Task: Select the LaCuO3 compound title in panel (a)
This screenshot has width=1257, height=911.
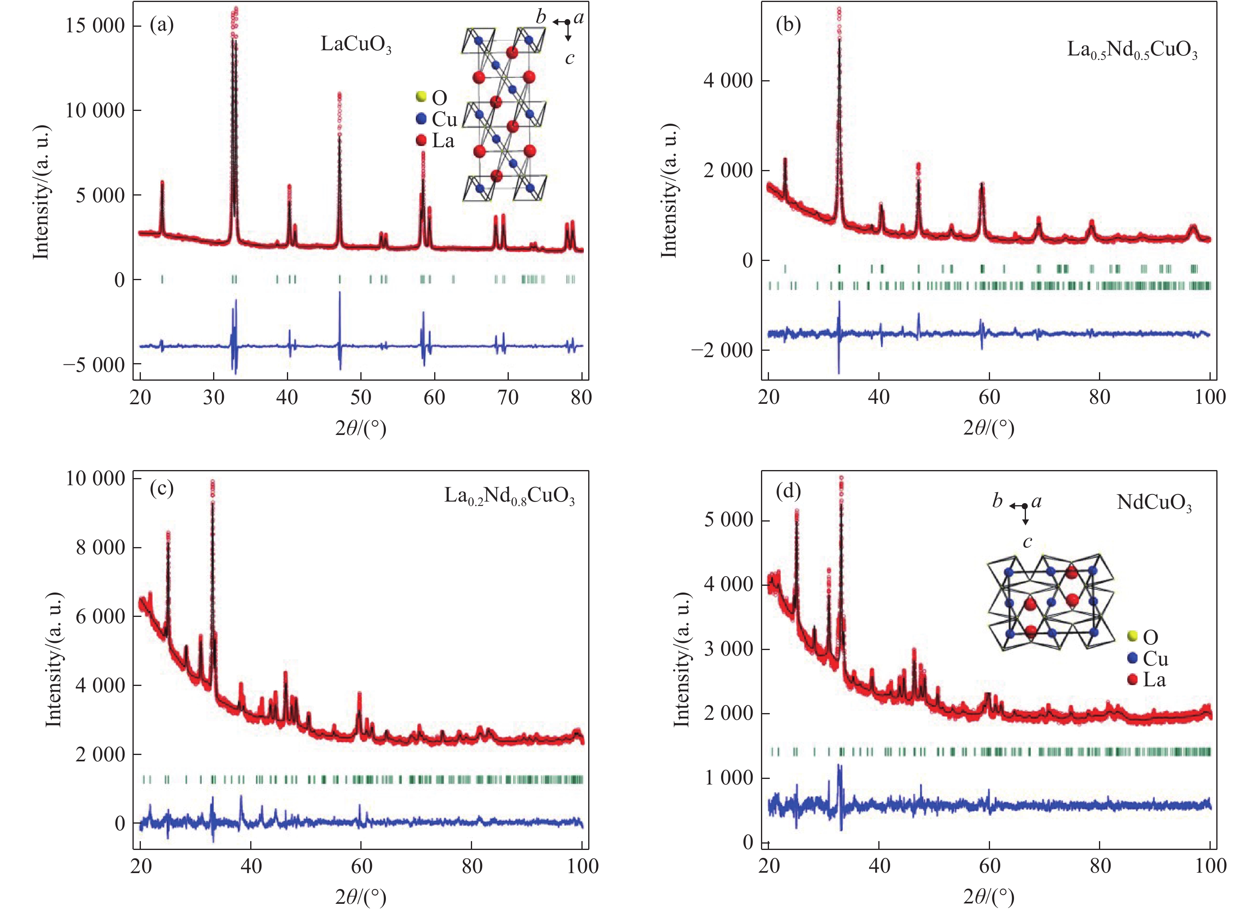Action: (x=356, y=45)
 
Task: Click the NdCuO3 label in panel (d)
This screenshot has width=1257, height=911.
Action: (x=1154, y=503)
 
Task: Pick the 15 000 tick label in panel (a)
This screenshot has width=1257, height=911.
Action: (x=95, y=26)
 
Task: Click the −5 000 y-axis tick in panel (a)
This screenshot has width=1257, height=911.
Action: (x=94, y=365)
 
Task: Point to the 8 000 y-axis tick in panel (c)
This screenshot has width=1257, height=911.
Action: (x=100, y=547)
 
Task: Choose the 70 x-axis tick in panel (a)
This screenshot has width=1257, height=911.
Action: (x=508, y=397)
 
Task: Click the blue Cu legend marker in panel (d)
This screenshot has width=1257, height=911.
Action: (x=1133, y=658)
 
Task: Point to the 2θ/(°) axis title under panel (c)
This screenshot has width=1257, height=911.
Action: (x=360, y=896)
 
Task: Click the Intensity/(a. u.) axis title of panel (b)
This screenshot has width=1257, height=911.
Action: (x=670, y=191)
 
